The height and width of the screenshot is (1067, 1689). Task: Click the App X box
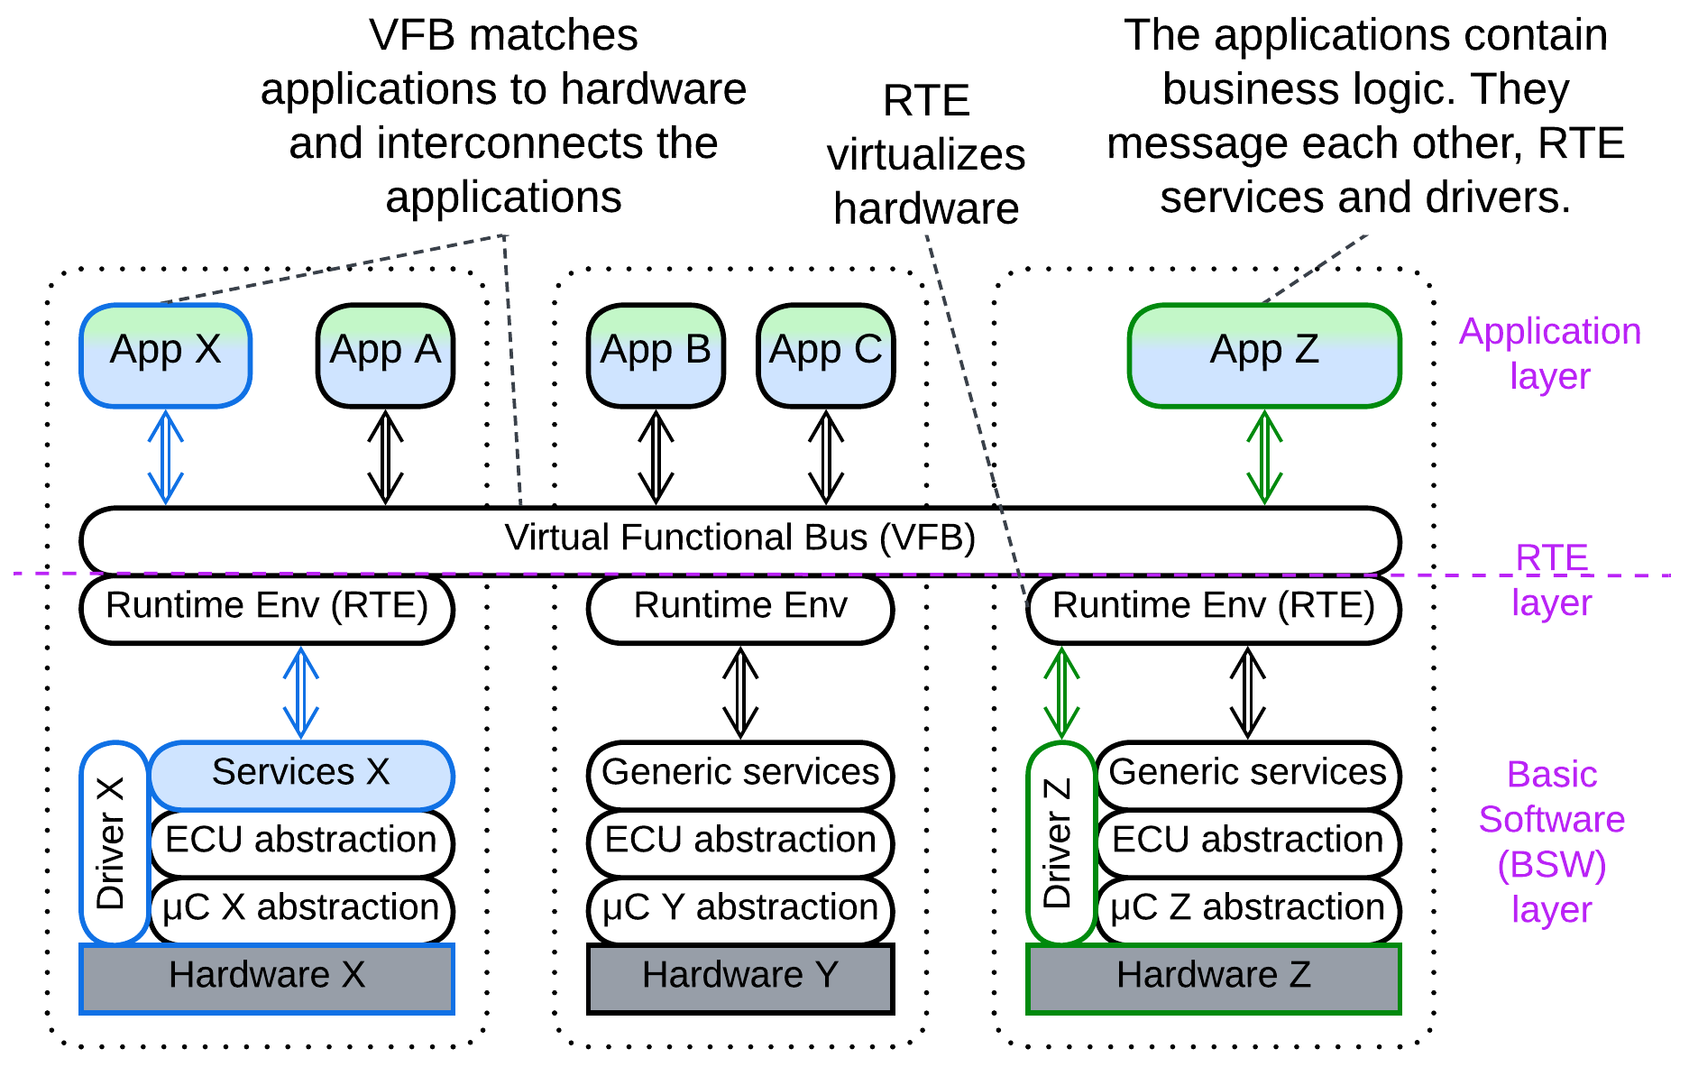point(165,355)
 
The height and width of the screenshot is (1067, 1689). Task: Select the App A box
point(385,355)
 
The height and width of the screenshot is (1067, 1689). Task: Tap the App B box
point(656,355)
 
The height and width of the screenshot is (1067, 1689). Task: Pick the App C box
point(825,355)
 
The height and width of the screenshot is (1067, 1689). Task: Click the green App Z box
point(1264,355)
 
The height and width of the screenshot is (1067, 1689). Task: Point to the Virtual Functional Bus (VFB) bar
point(739,539)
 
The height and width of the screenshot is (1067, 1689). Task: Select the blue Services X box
point(300,775)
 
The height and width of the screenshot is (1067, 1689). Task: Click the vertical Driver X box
point(114,842)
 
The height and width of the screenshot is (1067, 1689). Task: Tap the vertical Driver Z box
point(1060,842)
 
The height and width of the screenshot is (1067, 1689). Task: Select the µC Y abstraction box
point(739,909)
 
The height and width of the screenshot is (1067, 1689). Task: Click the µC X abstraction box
point(300,909)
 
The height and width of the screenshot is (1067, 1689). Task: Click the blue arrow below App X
point(165,457)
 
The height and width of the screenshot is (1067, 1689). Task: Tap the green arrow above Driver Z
point(1061,693)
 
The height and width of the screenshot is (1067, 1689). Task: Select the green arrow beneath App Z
point(1264,457)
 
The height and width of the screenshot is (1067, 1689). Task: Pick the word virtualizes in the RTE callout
point(926,155)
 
